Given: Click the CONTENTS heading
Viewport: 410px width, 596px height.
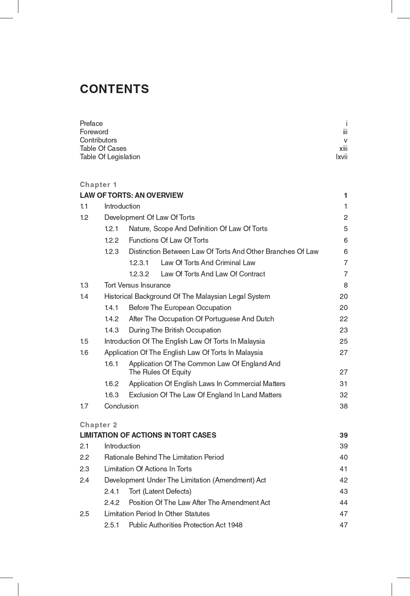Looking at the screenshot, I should tap(114, 89).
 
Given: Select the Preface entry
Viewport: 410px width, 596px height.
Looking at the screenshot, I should tap(91, 123).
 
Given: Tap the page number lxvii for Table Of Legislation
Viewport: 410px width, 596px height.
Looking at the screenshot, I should tap(341, 157).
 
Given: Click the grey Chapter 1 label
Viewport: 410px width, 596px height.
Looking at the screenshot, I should tap(98, 185).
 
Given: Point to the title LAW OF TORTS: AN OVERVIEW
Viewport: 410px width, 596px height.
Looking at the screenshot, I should tap(131, 195).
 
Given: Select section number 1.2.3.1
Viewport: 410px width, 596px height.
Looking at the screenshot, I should tap(139, 263).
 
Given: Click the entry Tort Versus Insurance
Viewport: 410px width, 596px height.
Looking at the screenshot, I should tap(137, 285).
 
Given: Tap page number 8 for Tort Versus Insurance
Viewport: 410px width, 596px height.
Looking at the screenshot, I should tap(346, 285).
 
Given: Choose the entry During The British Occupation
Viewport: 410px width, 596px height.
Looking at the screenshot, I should tap(175, 330).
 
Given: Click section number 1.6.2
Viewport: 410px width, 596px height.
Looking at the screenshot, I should tap(111, 384).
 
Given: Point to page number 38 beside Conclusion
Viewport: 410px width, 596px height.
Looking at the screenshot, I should tap(343, 406).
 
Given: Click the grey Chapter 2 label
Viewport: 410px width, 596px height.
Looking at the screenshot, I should tap(98, 425).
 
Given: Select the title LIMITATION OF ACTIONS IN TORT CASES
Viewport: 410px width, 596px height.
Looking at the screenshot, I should tap(148, 435).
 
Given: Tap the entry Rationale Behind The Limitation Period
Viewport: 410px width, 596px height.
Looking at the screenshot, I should tap(164, 457).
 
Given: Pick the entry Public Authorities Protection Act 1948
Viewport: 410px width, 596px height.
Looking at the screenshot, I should tap(185, 525).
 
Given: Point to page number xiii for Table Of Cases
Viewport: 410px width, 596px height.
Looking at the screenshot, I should tap(343, 148).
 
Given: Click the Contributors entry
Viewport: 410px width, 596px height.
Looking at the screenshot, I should tap(98, 140).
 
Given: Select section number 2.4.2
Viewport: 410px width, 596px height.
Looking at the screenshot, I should tap(112, 502).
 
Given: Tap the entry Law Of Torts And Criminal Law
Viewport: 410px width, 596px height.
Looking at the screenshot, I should tap(208, 263).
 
